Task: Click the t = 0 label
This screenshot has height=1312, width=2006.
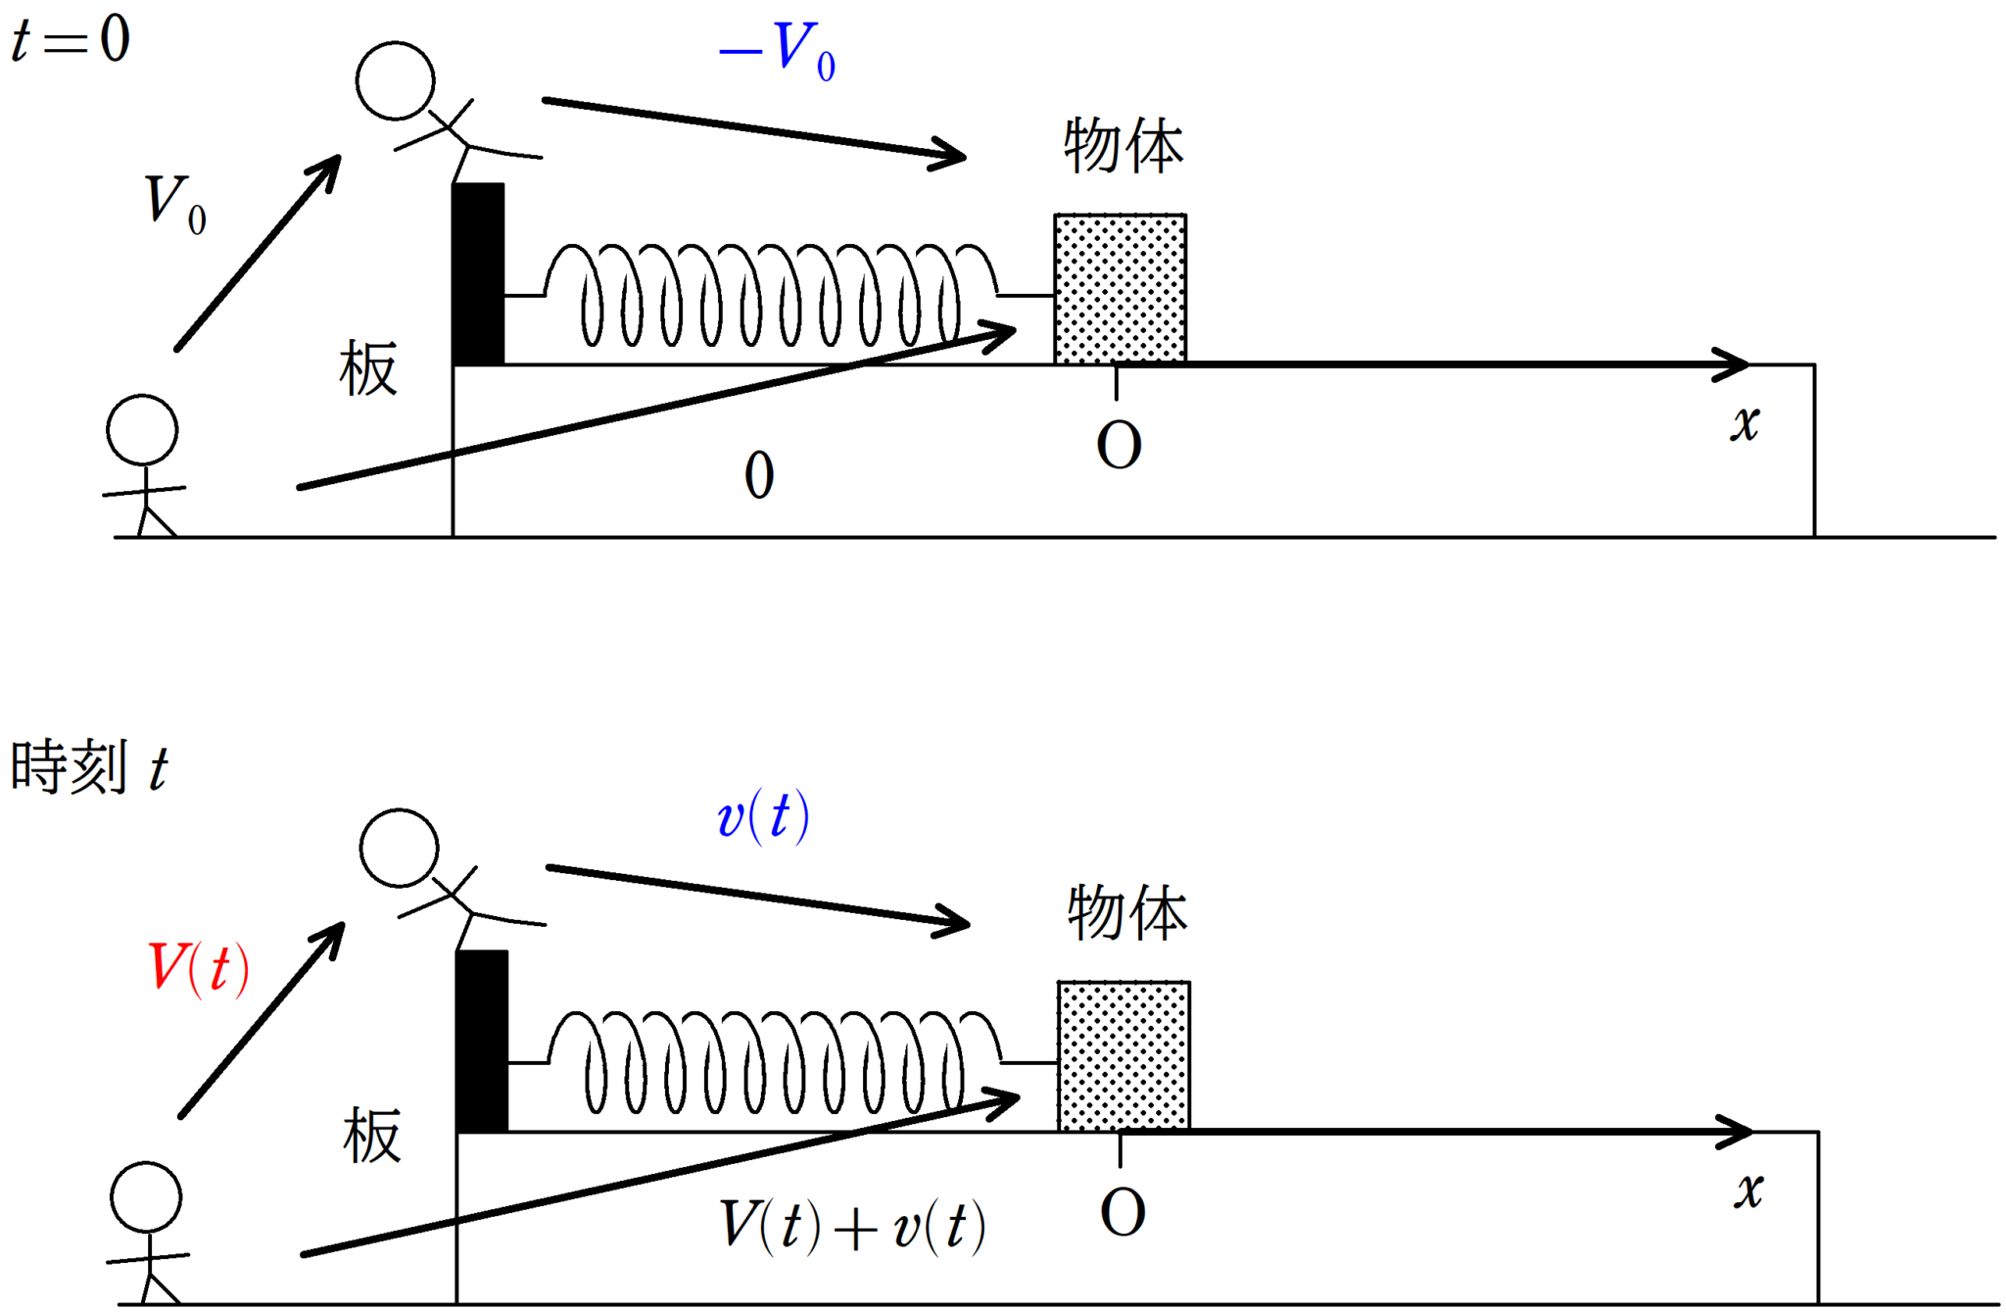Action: [x=71, y=40]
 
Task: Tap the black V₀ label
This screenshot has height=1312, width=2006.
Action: [x=174, y=204]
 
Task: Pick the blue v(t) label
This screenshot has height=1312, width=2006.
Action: [x=763, y=816]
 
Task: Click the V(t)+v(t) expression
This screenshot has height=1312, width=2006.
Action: [x=852, y=1226]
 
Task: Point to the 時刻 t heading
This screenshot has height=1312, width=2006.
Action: [x=88, y=767]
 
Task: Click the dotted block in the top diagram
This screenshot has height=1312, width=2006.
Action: [x=1120, y=288]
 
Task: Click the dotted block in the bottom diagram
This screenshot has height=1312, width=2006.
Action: [x=1123, y=1055]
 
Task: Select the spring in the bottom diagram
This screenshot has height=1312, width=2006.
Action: [x=775, y=1062]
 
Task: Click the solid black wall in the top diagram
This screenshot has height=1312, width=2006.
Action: [x=478, y=273]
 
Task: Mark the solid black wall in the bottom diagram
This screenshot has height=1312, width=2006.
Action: [x=482, y=1041]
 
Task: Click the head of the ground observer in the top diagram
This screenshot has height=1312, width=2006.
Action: [x=142, y=430]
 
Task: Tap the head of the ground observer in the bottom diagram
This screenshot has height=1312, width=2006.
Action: [x=146, y=1197]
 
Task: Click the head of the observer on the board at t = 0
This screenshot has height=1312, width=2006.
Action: [x=395, y=80]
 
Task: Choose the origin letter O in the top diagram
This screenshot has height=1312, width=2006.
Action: [x=1119, y=446]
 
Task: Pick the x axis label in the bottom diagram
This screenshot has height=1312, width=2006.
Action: [x=1748, y=1191]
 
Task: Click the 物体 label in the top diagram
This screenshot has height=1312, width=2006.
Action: [x=1123, y=147]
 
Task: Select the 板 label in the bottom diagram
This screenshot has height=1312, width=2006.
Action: [x=371, y=1137]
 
